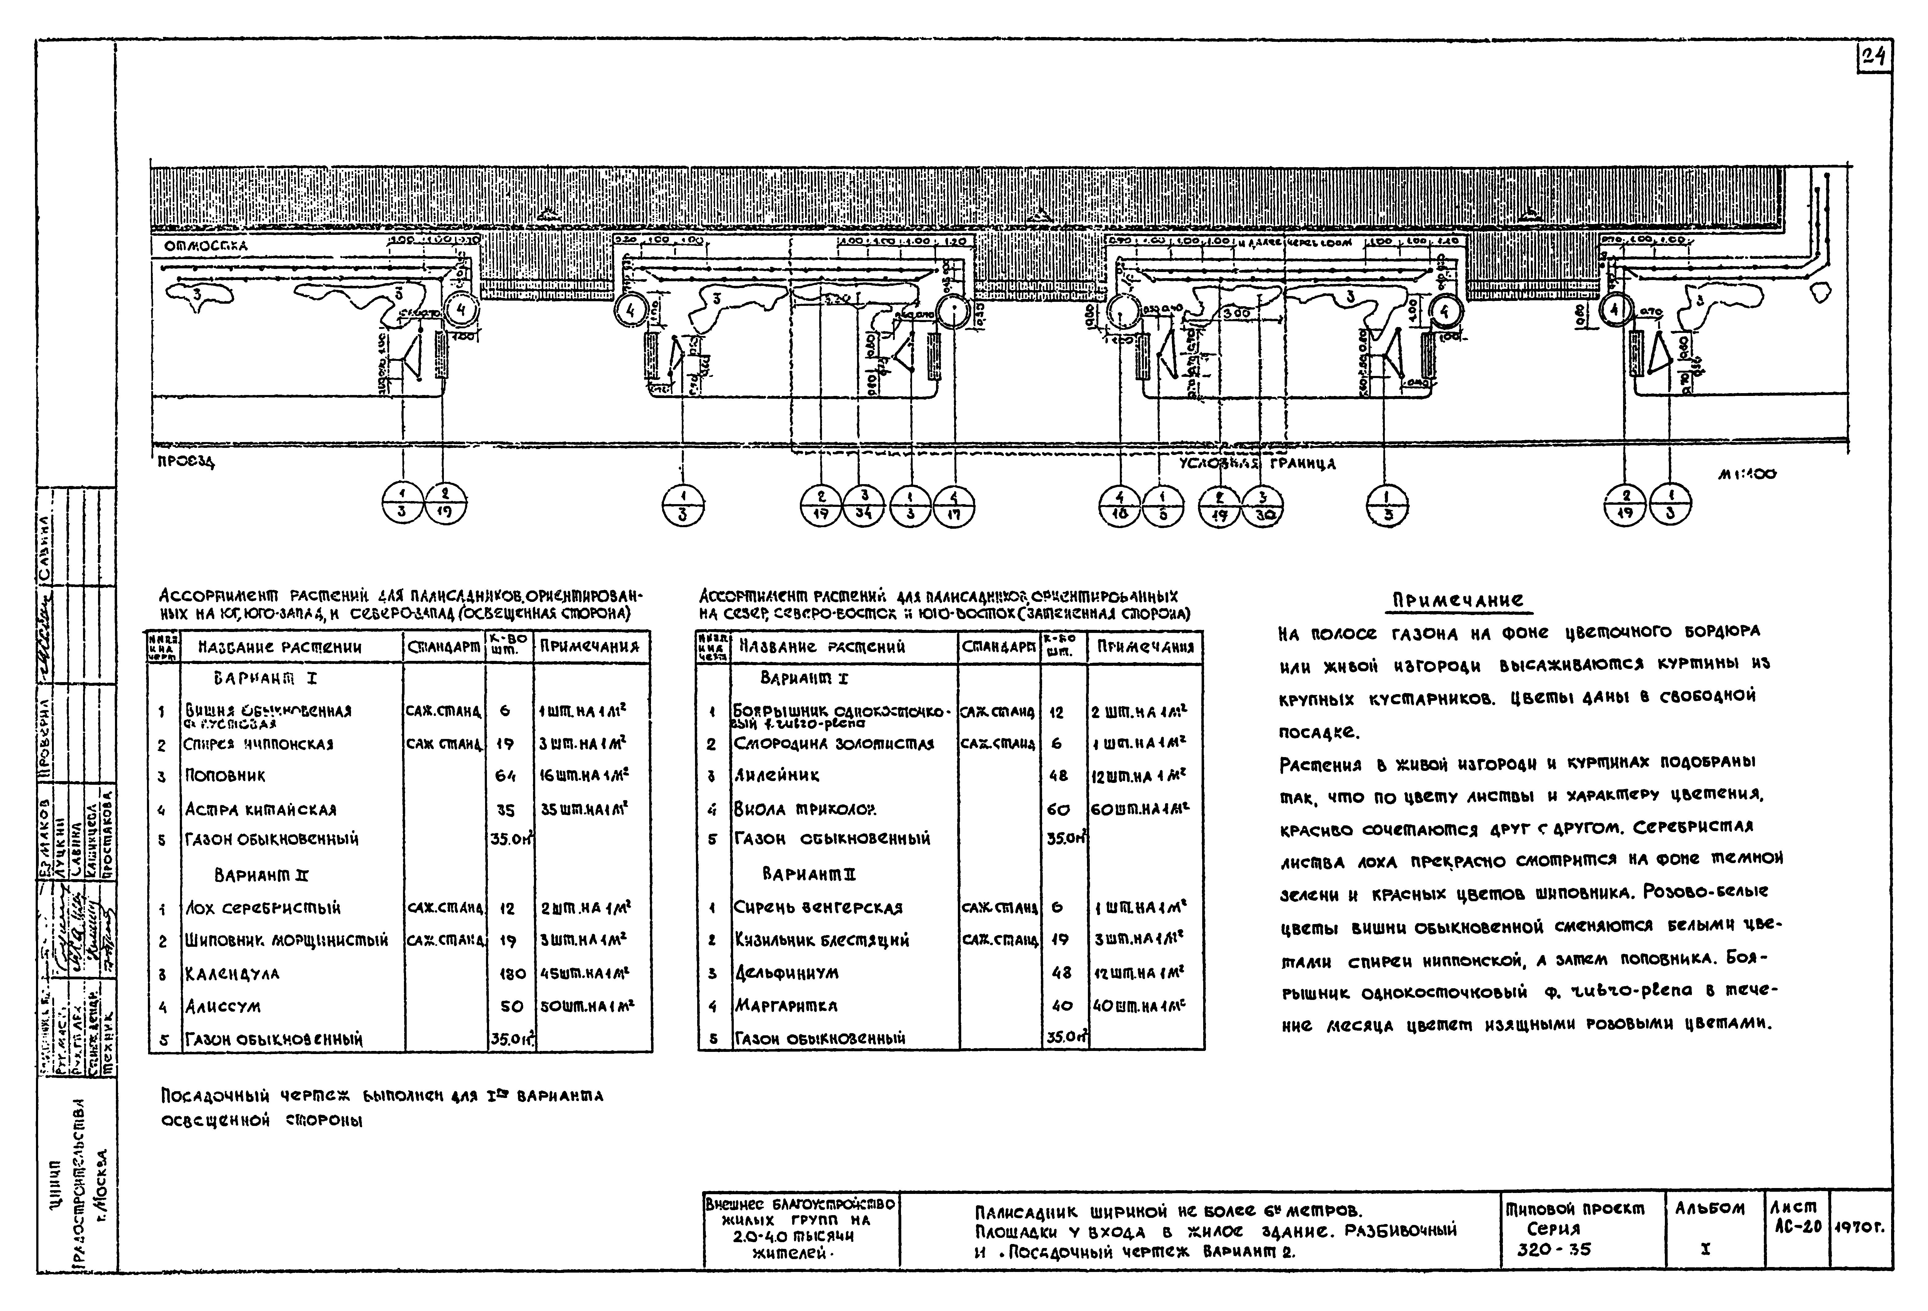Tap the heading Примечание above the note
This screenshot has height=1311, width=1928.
tap(1458, 600)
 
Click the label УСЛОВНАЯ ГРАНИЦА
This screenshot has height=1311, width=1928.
tap(1257, 464)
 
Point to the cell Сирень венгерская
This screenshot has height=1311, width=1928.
tap(818, 908)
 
